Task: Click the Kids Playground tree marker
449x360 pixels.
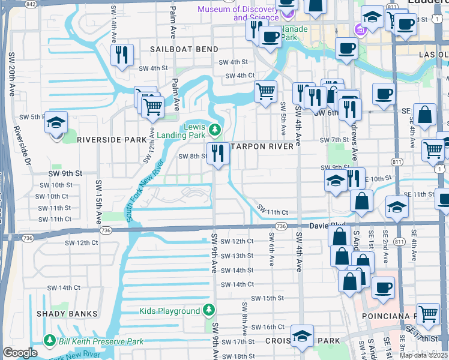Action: [208, 310]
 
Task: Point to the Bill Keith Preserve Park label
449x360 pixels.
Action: [101, 341]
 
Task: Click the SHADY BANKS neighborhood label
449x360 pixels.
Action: [67, 314]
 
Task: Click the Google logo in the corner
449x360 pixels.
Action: [20, 353]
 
